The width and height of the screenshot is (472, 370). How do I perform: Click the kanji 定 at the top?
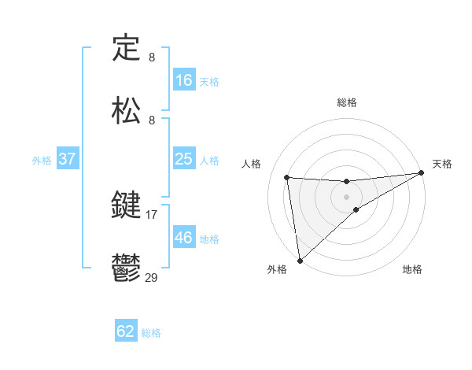point(127,49)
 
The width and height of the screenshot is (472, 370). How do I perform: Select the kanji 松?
point(127,109)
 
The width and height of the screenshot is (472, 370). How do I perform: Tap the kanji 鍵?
point(127,206)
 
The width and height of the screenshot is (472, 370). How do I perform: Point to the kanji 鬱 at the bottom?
point(127,268)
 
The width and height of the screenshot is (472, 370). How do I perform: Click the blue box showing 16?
point(184,80)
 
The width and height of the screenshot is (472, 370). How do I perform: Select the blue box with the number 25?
point(184,159)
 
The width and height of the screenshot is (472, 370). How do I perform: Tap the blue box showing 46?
point(184,238)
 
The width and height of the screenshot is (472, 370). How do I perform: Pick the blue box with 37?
point(67,159)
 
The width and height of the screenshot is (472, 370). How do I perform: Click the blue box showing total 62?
point(126,331)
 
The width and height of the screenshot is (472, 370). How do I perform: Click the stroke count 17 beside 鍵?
point(151,213)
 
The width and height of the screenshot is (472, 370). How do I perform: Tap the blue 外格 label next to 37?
point(42,160)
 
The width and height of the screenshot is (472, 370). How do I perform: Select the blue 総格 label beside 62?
point(151,332)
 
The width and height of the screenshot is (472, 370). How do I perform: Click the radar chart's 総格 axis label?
point(347,102)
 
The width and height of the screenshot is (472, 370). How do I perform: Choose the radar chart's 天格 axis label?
point(442,164)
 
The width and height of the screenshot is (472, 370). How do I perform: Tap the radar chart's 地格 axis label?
point(412,269)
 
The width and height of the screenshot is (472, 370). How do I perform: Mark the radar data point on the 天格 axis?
point(422,173)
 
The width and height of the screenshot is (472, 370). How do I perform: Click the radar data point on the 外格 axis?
point(300,260)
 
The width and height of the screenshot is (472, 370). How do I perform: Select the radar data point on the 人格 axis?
point(287,177)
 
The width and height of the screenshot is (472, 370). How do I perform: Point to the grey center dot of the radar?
point(347,196)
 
